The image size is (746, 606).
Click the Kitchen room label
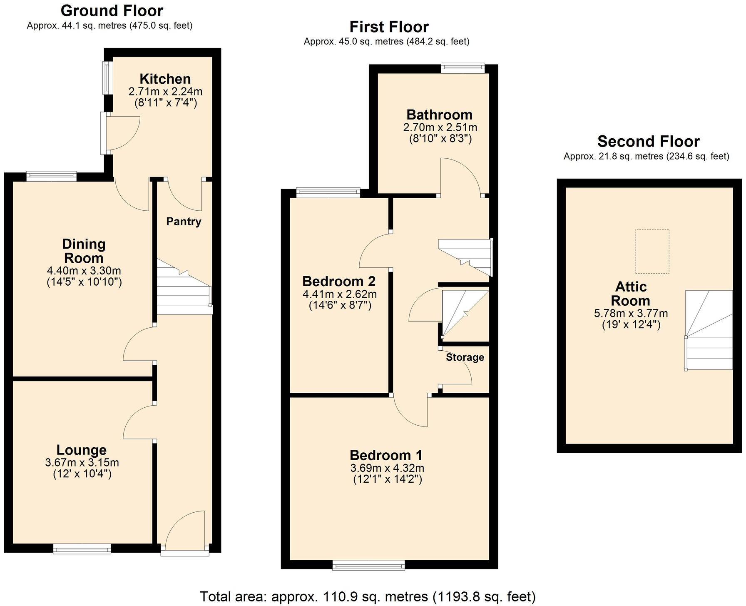click(x=165, y=79)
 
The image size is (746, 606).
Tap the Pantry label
click(x=184, y=222)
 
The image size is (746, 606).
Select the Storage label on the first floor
click(x=465, y=357)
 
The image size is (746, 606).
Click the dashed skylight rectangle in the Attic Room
click(x=652, y=251)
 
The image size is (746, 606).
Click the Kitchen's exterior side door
click(x=121, y=132)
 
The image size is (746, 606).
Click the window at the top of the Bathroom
click(x=463, y=67)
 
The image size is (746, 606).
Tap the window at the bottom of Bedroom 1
click(x=368, y=565)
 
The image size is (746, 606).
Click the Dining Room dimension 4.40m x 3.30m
click(x=84, y=271)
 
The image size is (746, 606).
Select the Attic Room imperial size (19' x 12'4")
click(x=631, y=325)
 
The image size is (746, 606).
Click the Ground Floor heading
click(x=112, y=10)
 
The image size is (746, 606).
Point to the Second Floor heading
click(x=648, y=142)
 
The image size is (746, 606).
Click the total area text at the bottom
click(x=368, y=596)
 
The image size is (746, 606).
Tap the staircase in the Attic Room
click(x=709, y=330)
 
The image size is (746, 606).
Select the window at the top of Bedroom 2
click(x=328, y=192)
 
